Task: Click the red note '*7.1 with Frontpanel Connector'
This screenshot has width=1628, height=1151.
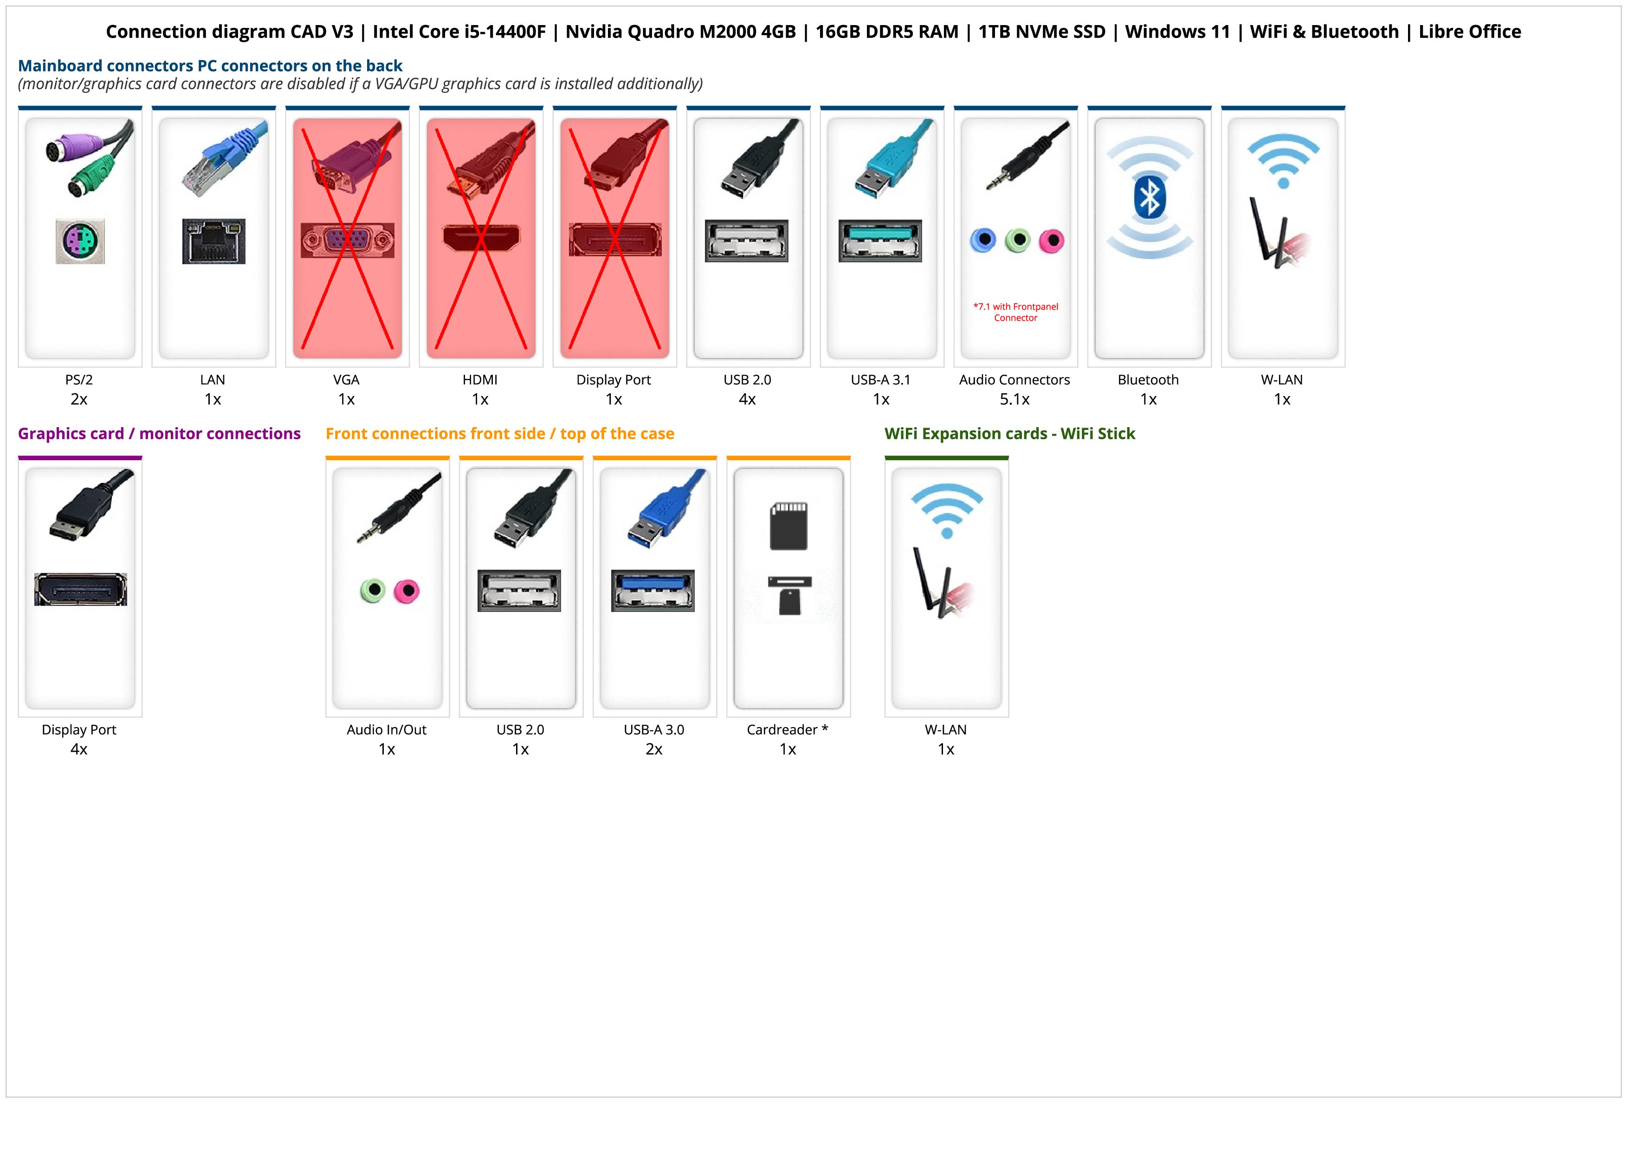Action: (x=1015, y=312)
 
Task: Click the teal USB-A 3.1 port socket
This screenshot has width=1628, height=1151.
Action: (x=880, y=241)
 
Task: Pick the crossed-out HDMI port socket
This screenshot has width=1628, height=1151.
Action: (x=481, y=239)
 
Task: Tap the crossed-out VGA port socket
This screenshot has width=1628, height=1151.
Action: (x=348, y=241)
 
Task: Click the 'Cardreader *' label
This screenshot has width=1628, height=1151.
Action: (x=787, y=730)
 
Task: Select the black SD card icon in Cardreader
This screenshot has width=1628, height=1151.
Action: (x=788, y=526)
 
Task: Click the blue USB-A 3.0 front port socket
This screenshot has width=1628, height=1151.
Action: (x=653, y=590)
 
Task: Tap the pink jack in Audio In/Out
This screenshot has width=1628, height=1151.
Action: (x=407, y=590)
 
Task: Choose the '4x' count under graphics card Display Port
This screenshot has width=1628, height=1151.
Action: (x=79, y=749)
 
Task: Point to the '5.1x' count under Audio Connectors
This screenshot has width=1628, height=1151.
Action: (x=1014, y=399)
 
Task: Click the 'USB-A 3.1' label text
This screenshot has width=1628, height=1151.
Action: (x=881, y=380)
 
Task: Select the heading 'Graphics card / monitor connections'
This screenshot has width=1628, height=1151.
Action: (x=159, y=434)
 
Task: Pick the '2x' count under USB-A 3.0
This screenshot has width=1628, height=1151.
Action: (x=654, y=749)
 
